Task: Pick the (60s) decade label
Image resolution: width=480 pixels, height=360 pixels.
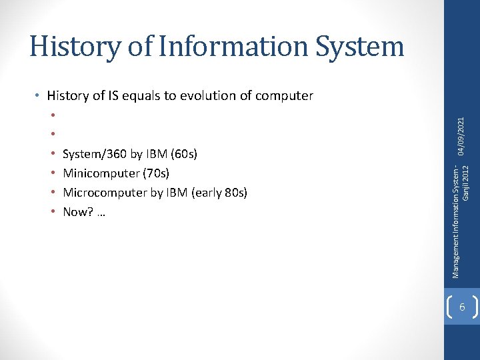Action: click(x=184, y=154)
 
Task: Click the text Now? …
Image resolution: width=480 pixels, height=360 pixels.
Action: click(x=84, y=212)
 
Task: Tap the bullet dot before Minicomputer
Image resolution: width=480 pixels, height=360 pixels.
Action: click(x=53, y=173)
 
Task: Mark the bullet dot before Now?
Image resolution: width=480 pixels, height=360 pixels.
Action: click(x=53, y=212)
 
